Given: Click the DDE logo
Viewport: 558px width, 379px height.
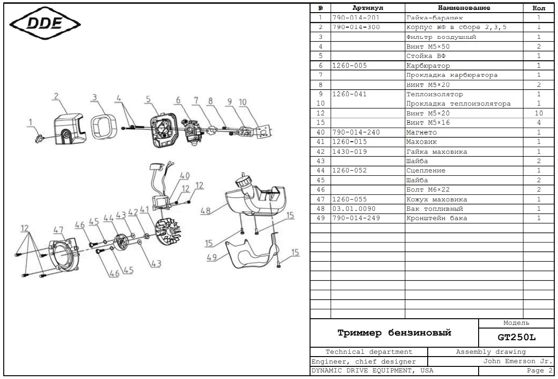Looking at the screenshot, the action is pyautogui.click(x=45, y=23).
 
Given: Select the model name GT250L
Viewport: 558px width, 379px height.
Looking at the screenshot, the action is pyautogui.click(x=516, y=337).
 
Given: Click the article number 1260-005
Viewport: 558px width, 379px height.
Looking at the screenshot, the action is pyautogui.click(x=349, y=65).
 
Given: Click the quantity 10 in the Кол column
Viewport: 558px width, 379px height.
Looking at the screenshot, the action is pyautogui.click(x=539, y=113).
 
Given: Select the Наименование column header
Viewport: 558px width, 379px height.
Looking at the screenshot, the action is pyautogui.click(x=464, y=8).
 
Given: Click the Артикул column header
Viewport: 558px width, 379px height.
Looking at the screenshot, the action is pyautogui.click(x=367, y=8).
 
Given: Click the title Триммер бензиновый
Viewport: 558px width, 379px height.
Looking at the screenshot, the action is pyautogui.click(x=394, y=333).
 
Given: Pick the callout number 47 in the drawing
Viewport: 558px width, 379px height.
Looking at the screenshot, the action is pyautogui.click(x=58, y=230).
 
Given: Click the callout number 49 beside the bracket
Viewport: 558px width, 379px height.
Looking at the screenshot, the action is pyautogui.click(x=212, y=257).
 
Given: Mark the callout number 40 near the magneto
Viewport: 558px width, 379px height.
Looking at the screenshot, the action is pyautogui.click(x=185, y=176).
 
